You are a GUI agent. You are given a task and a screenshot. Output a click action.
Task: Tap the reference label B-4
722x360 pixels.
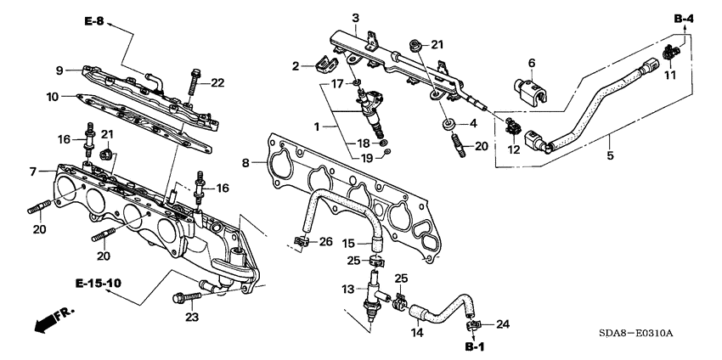click(685, 18)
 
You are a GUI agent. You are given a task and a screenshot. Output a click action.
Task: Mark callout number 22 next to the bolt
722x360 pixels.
click(217, 82)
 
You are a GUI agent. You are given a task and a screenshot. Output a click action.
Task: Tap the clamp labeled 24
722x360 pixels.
click(471, 324)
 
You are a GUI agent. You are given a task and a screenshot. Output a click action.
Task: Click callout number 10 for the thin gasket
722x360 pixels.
click(54, 97)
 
